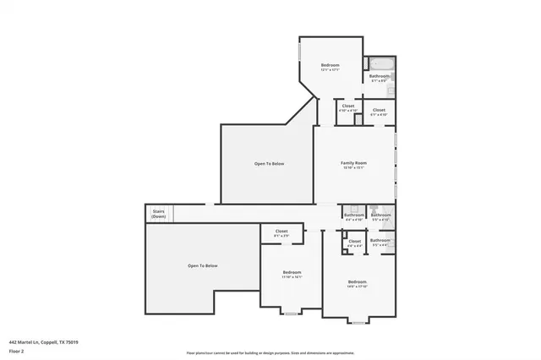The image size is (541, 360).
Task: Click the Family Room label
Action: [353, 162]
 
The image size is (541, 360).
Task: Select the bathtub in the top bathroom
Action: [377, 64]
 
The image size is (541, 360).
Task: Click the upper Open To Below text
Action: [269, 163]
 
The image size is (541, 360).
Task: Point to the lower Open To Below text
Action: [203, 266]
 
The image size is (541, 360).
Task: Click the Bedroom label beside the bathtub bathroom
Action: [330, 66]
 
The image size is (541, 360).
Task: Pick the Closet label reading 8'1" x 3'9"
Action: [281, 232]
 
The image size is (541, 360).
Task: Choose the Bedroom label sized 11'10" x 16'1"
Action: [292, 272]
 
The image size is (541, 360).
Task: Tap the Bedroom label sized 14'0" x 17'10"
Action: [357, 281]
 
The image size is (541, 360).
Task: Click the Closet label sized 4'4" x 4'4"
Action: [354, 242]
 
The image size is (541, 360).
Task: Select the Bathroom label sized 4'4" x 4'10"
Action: [354, 215]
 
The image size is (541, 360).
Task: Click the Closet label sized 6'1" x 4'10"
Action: [379, 110]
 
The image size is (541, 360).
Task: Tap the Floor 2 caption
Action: [16, 350]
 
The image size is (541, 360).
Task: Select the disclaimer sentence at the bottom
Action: [270, 353]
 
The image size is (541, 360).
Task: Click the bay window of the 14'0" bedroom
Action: [358, 321]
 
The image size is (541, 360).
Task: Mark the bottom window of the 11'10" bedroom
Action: [291, 314]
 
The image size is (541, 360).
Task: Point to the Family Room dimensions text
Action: [353, 167]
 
